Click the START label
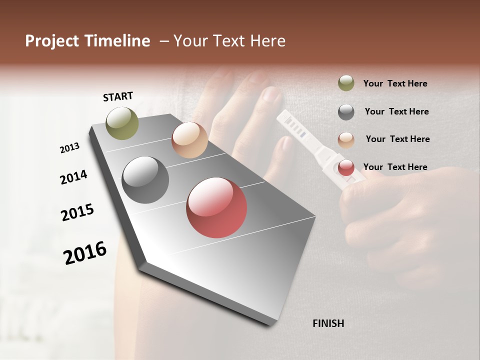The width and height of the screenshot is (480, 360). pyautogui.click(x=118, y=96)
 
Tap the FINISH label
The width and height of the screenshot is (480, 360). pyautogui.click(x=328, y=323)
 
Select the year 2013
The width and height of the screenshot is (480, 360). pyautogui.click(x=69, y=148)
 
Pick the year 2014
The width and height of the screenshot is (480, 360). pyautogui.click(x=73, y=177)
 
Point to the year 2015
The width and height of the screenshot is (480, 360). pyautogui.click(x=77, y=212)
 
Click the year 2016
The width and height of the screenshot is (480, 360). pyautogui.click(x=85, y=252)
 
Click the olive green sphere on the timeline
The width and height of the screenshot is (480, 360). pyautogui.click(x=122, y=123)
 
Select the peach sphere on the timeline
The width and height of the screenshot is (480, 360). pyautogui.click(x=189, y=140)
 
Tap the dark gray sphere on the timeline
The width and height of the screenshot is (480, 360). pyautogui.click(x=145, y=180)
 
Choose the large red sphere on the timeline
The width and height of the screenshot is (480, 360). pyautogui.click(x=216, y=207)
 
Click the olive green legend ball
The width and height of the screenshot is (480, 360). pyautogui.click(x=346, y=83)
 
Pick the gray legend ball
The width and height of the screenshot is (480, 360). pyautogui.click(x=346, y=112)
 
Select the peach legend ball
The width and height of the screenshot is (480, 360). pyautogui.click(x=346, y=139)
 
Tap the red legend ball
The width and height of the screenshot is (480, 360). pyautogui.click(x=346, y=167)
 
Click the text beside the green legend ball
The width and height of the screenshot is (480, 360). pyautogui.click(x=395, y=84)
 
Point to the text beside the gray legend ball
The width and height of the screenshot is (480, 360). pyautogui.click(x=396, y=111)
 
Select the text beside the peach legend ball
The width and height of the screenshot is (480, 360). pyautogui.click(x=397, y=139)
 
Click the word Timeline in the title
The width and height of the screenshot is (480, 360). pyautogui.click(x=118, y=41)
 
